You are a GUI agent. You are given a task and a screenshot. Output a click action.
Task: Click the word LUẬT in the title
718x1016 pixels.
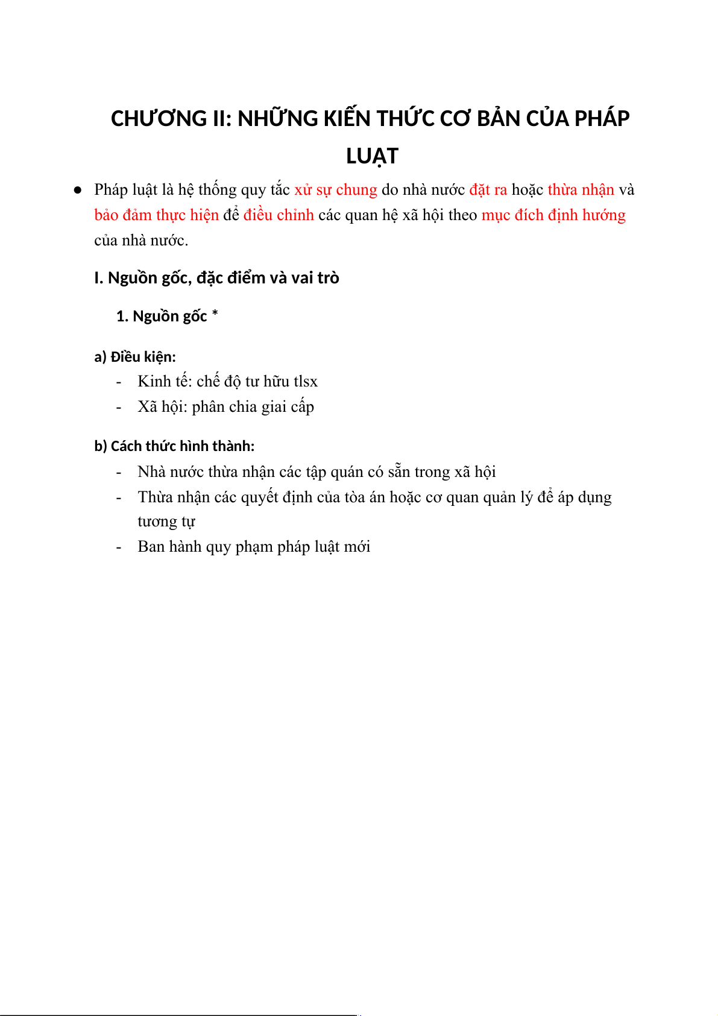point(372,156)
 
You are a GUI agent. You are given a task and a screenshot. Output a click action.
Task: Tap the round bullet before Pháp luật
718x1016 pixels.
point(78,190)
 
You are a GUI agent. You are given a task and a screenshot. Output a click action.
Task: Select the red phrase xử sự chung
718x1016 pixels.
point(336,190)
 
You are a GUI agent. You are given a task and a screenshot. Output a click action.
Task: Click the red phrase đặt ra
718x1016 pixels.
point(488,190)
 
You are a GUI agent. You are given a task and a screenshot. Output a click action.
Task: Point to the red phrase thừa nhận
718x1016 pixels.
point(581,190)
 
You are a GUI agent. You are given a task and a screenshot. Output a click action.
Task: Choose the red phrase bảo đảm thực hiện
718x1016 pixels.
point(156,215)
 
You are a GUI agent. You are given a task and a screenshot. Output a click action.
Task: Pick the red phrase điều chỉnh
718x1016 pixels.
point(279,215)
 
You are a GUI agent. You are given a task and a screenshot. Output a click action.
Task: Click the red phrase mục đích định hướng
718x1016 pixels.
point(553,215)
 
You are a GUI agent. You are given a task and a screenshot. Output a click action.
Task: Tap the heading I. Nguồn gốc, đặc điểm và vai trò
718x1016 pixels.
point(216,278)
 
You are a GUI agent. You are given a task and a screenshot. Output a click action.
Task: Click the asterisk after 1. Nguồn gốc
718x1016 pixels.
point(215,314)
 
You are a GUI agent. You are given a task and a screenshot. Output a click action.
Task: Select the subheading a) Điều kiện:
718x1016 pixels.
point(135,357)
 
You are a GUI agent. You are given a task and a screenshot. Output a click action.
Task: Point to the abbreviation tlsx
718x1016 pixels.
point(306,382)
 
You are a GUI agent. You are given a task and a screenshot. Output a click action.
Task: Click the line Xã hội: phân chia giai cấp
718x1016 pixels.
point(225,407)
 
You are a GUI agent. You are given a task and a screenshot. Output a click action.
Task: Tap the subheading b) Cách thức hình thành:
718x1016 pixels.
point(174,446)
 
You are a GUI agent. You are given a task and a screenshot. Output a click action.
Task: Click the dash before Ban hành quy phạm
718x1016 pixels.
point(119,547)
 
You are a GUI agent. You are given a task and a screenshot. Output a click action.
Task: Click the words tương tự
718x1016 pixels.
point(166,522)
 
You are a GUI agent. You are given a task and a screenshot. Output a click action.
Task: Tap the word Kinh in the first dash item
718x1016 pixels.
point(154,382)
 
